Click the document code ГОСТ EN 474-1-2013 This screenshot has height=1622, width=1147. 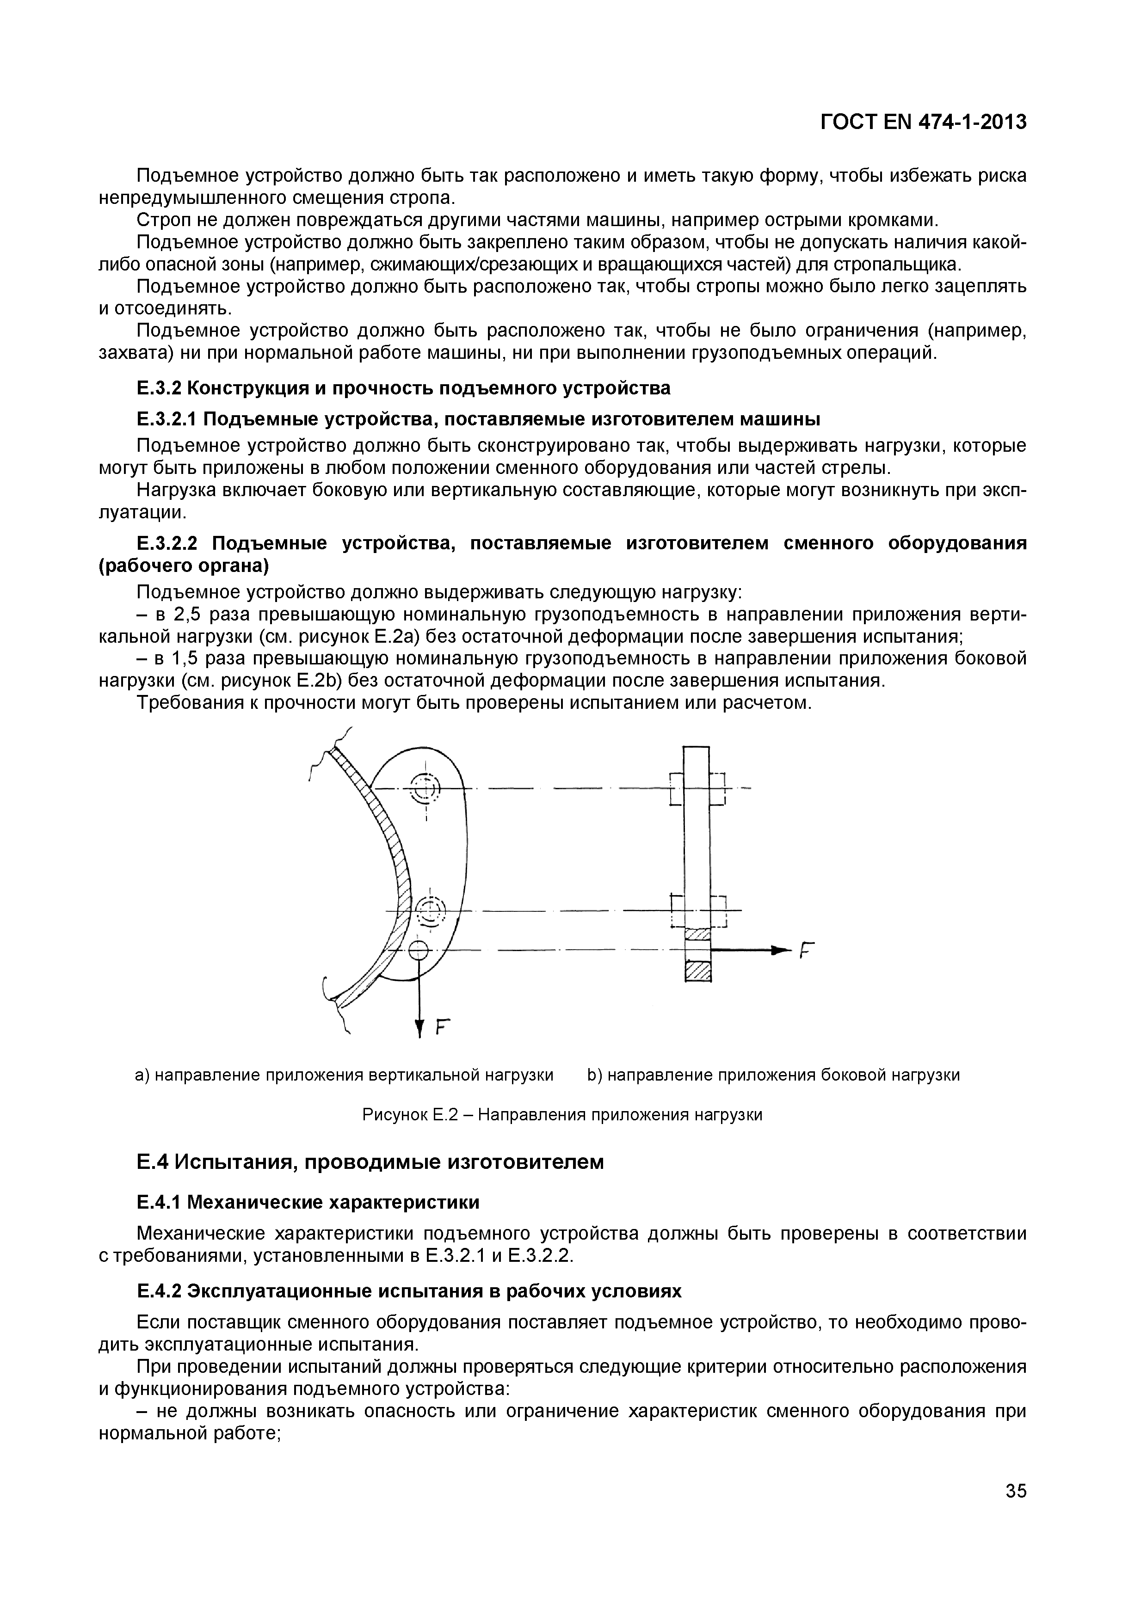point(923,122)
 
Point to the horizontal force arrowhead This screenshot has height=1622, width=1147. point(778,950)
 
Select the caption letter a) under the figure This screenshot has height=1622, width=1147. point(142,1075)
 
